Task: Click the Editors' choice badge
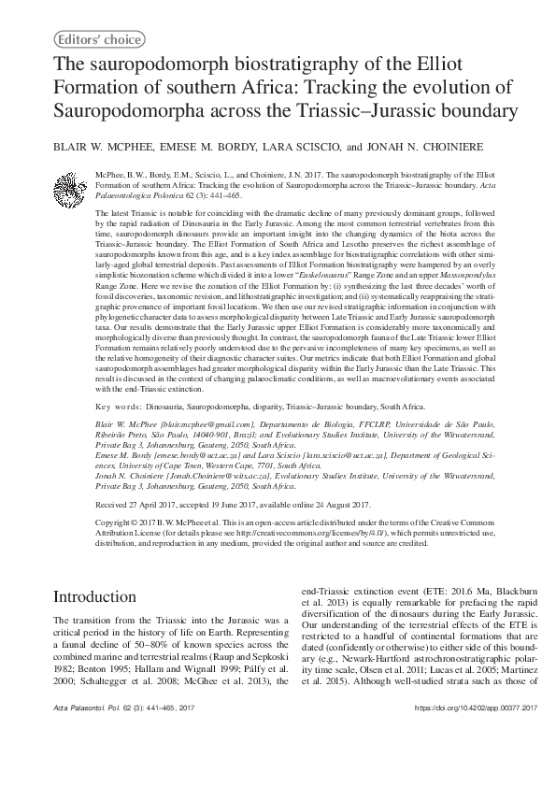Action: [100, 39]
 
